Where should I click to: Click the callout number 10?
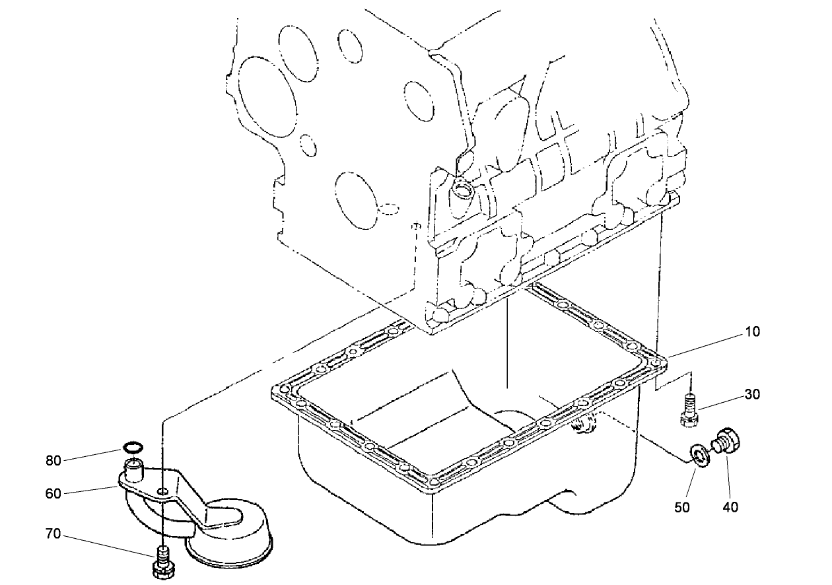pyautogui.click(x=752, y=331)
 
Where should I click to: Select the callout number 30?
pyautogui.click(x=752, y=394)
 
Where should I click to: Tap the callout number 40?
pyautogui.click(x=730, y=507)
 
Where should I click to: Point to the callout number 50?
pyautogui.click(x=682, y=507)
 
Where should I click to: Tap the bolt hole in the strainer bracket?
pyautogui.click(x=162, y=491)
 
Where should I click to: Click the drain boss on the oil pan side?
pyautogui.click(x=584, y=425)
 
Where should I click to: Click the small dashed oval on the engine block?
pyautogui.click(x=390, y=209)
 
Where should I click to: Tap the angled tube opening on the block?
pyautogui.click(x=462, y=192)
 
